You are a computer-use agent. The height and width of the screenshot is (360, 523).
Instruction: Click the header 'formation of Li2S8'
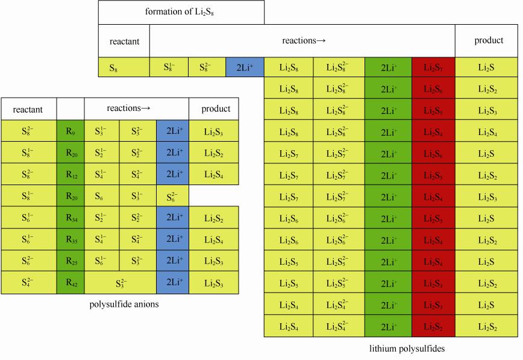click(181, 12)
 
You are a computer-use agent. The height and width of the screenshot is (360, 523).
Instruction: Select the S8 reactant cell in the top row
click(124, 68)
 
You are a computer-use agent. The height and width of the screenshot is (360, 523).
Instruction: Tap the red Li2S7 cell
click(433, 68)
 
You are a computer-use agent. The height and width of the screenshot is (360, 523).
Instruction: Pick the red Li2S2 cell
click(433, 326)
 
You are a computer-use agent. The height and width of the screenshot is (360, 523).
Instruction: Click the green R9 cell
click(70, 131)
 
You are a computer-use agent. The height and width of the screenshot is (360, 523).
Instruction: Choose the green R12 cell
click(70, 174)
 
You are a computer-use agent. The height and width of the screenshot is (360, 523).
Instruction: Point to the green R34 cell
click(70, 218)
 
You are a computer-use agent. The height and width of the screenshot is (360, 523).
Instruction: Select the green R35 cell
click(70, 239)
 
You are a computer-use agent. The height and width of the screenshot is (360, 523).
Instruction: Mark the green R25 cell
click(70, 261)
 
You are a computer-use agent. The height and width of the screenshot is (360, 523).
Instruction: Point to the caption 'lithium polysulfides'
click(407, 349)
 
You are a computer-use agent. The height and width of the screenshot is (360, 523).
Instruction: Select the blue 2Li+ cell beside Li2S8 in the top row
click(245, 68)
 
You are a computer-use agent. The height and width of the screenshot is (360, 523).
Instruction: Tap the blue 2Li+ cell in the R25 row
click(172, 261)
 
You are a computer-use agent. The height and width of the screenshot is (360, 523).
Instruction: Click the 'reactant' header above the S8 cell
click(124, 42)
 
